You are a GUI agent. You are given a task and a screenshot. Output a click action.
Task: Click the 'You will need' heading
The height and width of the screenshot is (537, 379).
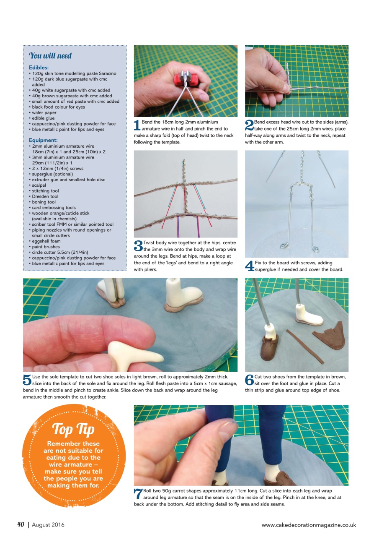(x=50, y=56)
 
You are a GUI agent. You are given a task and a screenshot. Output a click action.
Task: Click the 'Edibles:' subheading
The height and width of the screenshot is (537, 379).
(x=39, y=68)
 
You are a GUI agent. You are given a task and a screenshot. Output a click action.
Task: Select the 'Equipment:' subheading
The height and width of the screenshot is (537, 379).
(x=42, y=140)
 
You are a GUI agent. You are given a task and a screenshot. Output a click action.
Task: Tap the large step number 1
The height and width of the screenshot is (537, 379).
(x=137, y=125)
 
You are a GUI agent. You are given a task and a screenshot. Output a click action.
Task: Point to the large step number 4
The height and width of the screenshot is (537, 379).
(x=249, y=266)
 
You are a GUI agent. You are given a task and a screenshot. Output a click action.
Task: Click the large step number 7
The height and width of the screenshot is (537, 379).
(x=138, y=494)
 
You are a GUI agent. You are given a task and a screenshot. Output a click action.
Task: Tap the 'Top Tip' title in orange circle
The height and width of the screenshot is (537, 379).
(x=73, y=429)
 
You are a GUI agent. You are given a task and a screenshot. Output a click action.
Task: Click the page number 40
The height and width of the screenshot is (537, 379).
(x=21, y=524)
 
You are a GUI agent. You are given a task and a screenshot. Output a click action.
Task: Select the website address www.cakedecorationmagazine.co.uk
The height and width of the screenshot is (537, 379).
(x=309, y=525)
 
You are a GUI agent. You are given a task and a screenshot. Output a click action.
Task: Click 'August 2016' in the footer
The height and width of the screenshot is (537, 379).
(x=48, y=525)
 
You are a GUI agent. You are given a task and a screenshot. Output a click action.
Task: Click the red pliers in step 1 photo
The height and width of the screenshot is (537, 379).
(x=185, y=78)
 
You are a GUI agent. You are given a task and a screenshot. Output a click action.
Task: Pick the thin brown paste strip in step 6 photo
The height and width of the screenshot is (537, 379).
(x=305, y=347)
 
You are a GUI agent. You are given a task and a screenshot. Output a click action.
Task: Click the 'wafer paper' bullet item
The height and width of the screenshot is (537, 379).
(x=44, y=112)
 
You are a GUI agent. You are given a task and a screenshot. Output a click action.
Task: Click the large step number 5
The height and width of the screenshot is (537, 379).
(x=27, y=380)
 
